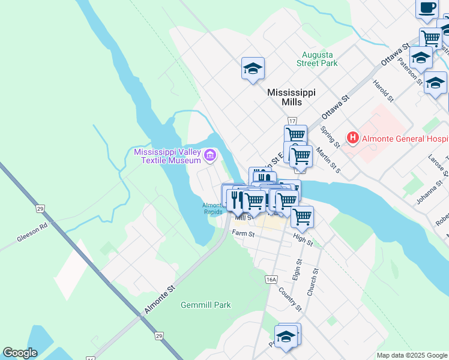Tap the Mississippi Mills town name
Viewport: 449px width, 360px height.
pyautogui.click(x=291, y=97)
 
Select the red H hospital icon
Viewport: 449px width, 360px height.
pyautogui.click(x=353, y=138)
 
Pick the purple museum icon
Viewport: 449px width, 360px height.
pyautogui.click(x=209, y=156)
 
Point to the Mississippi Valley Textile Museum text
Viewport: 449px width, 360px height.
pyautogui.click(x=167, y=156)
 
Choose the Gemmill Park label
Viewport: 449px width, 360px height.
pyautogui.click(x=206, y=305)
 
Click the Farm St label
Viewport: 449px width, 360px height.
pyautogui.click(x=241, y=233)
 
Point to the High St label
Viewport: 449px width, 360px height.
pyautogui.click(x=303, y=241)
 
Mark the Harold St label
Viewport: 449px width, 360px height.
pyautogui.click(x=382, y=90)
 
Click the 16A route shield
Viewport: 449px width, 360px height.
pyautogui.click(x=271, y=279)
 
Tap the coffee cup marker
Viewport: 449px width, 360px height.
pyautogui.click(x=427, y=8)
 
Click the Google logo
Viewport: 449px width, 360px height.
pyautogui.click(x=20, y=353)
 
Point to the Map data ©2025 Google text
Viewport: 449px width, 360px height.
pyautogui.click(x=412, y=355)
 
